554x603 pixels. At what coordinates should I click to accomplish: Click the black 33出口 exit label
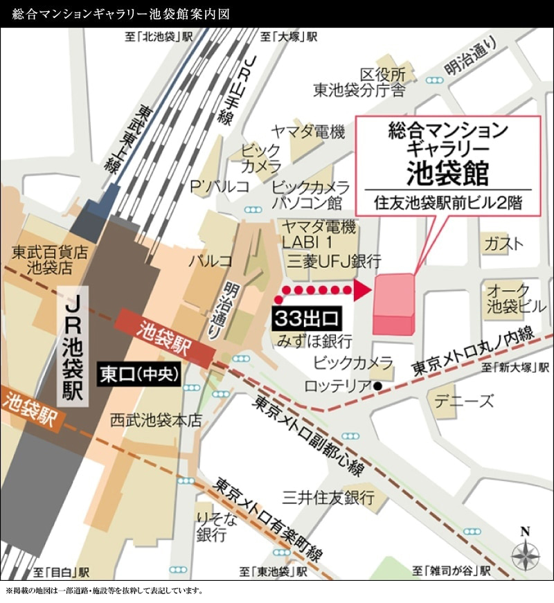307,319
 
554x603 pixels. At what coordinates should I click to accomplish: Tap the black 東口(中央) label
139,375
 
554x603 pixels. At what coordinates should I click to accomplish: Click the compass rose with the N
525,554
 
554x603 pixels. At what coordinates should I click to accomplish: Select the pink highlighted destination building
394,305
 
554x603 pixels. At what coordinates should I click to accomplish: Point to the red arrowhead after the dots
361,290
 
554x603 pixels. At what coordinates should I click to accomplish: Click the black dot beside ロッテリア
378,386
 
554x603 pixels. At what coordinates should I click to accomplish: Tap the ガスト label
503,244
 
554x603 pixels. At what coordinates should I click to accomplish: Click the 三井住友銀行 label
328,497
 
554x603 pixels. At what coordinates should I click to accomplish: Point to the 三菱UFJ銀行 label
334,261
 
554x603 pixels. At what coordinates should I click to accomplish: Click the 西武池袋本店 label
156,420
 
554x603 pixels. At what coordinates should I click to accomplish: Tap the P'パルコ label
220,186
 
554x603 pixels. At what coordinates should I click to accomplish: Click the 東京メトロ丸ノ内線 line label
473,351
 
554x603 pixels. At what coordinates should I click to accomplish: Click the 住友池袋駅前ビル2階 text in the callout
447,204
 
